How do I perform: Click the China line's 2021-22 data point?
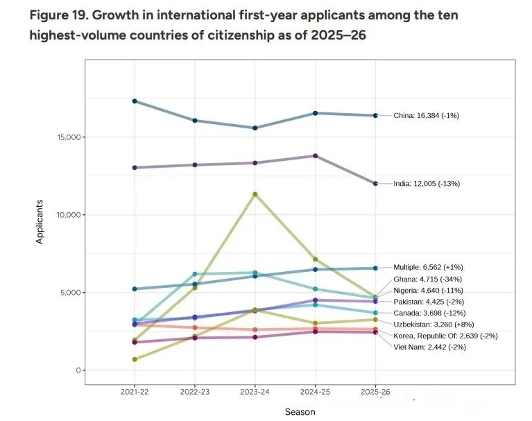click(135, 101)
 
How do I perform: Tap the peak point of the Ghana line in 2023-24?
click(255, 194)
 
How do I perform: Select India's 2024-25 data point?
click(316, 155)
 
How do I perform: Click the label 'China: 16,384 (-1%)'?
click(426, 116)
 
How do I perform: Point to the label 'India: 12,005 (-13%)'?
click(427, 184)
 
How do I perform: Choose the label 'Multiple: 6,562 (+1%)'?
click(428, 267)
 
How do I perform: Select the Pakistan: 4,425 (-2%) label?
click(428, 302)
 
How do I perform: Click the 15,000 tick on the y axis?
click(67, 137)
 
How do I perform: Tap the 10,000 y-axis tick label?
click(67, 215)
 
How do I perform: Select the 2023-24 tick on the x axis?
click(255, 393)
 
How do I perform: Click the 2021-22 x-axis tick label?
click(135, 393)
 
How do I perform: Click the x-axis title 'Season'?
click(300, 412)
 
